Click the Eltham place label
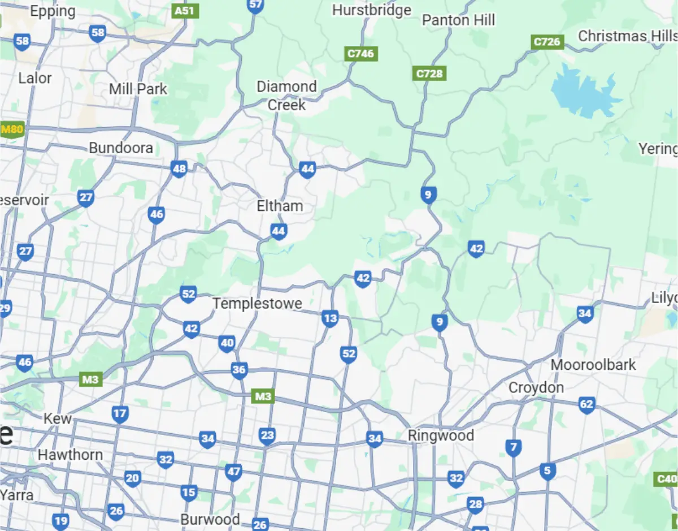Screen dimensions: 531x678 [280, 206]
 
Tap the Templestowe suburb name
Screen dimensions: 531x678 [257, 304]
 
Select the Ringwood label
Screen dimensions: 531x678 [441, 436]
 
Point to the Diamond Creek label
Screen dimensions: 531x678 [286, 96]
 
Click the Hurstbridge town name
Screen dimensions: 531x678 [372, 10]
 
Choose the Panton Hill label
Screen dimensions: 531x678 [458, 20]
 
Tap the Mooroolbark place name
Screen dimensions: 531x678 [593, 365]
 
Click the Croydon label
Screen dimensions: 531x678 [536, 388]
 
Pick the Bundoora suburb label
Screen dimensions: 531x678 [121, 148]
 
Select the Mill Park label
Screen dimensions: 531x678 [138, 89]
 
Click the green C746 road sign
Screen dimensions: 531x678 [361, 54]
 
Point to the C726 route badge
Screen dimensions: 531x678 [547, 42]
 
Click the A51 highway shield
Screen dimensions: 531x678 [186, 11]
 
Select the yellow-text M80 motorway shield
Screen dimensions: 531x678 [12, 129]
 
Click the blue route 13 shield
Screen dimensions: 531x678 [330, 318]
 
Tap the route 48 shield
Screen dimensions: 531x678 [179, 169]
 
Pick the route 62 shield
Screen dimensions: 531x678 [587, 404]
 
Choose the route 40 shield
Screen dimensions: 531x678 [227, 343]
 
